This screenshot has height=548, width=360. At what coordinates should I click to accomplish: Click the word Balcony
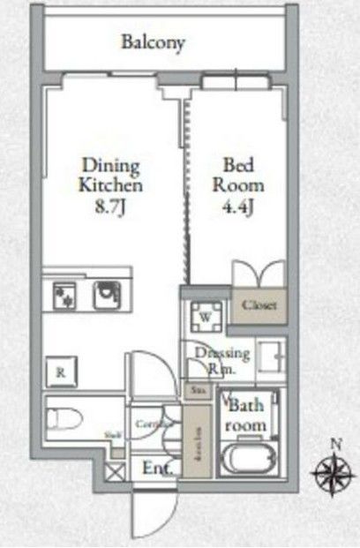[x=154, y=41]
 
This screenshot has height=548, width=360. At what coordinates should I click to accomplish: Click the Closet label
[x=259, y=305]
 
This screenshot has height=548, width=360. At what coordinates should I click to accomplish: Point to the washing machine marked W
[x=204, y=315]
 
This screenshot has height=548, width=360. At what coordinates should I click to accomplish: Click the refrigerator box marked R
[x=60, y=372]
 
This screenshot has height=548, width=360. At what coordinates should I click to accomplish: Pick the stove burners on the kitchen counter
[x=64, y=294]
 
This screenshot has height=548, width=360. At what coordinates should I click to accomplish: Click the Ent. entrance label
[x=155, y=468]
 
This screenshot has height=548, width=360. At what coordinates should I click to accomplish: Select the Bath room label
[x=247, y=416]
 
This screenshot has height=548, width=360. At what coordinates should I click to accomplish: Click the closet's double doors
[x=259, y=273]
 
